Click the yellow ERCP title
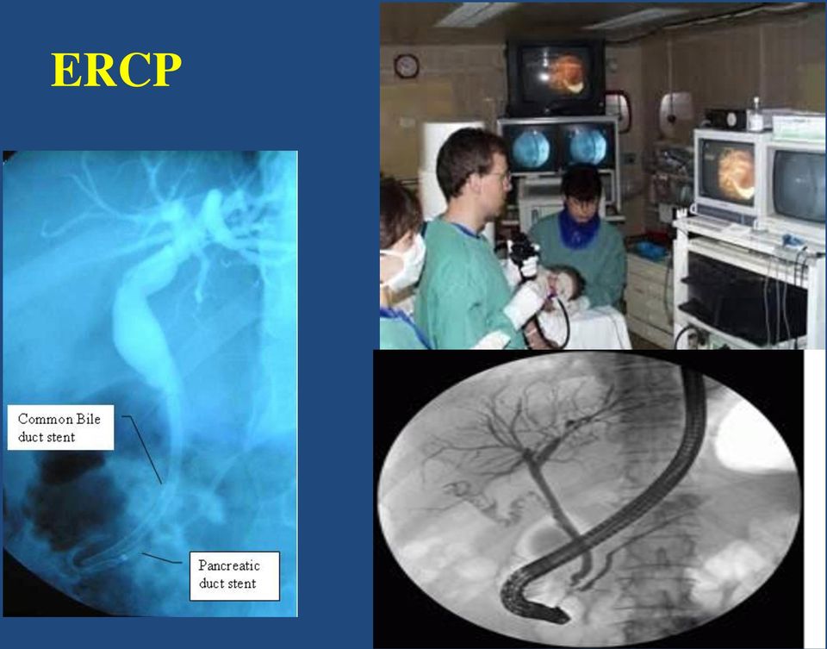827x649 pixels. [x=116, y=69]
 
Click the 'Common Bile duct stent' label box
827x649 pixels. [x=60, y=427]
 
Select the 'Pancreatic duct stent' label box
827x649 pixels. [x=234, y=576]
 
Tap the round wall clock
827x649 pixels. [x=406, y=66]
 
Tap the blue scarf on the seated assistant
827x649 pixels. [x=576, y=228]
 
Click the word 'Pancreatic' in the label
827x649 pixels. [x=229, y=565]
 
